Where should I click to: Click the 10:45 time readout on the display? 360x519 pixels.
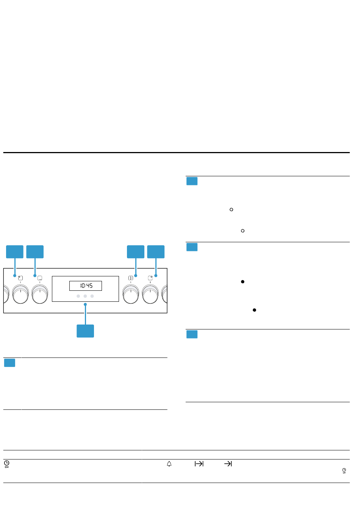pyautogui.click(x=86, y=285)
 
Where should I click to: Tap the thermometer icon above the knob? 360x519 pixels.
pyautogui.click(x=131, y=278)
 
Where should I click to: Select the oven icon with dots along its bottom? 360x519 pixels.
pyautogui.click(x=40, y=278)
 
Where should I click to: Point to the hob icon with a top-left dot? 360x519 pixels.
pyautogui.click(x=20, y=278)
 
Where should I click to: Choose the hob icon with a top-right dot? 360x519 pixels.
pyautogui.click(x=150, y=278)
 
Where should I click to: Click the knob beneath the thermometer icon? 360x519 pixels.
pyautogui.click(x=131, y=294)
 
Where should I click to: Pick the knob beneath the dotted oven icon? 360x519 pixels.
pyautogui.click(x=40, y=294)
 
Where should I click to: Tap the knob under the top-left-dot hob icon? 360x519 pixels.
pyautogui.click(x=20, y=294)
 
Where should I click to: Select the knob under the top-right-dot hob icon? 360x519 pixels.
pyautogui.click(x=150, y=294)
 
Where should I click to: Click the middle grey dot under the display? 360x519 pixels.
pyautogui.click(x=85, y=296)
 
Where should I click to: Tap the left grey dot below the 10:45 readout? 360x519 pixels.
pyautogui.click(x=78, y=296)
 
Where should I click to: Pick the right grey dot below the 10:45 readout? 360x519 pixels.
pyautogui.click(x=92, y=296)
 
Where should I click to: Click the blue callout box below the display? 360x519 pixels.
pyautogui.click(x=85, y=331)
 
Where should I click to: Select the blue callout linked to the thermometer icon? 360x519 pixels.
pyautogui.click(x=135, y=252)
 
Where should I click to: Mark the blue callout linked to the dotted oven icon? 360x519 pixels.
pyautogui.click(x=35, y=252)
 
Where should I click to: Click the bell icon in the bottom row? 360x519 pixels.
pyautogui.click(x=169, y=464)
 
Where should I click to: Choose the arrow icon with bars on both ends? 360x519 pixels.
pyautogui.click(x=199, y=464)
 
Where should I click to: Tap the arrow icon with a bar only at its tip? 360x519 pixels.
pyautogui.click(x=228, y=464)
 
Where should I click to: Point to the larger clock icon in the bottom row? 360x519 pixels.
pyautogui.click(x=7, y=464)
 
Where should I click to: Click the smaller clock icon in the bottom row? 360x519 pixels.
pyautogui.click(x=344, y=471)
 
